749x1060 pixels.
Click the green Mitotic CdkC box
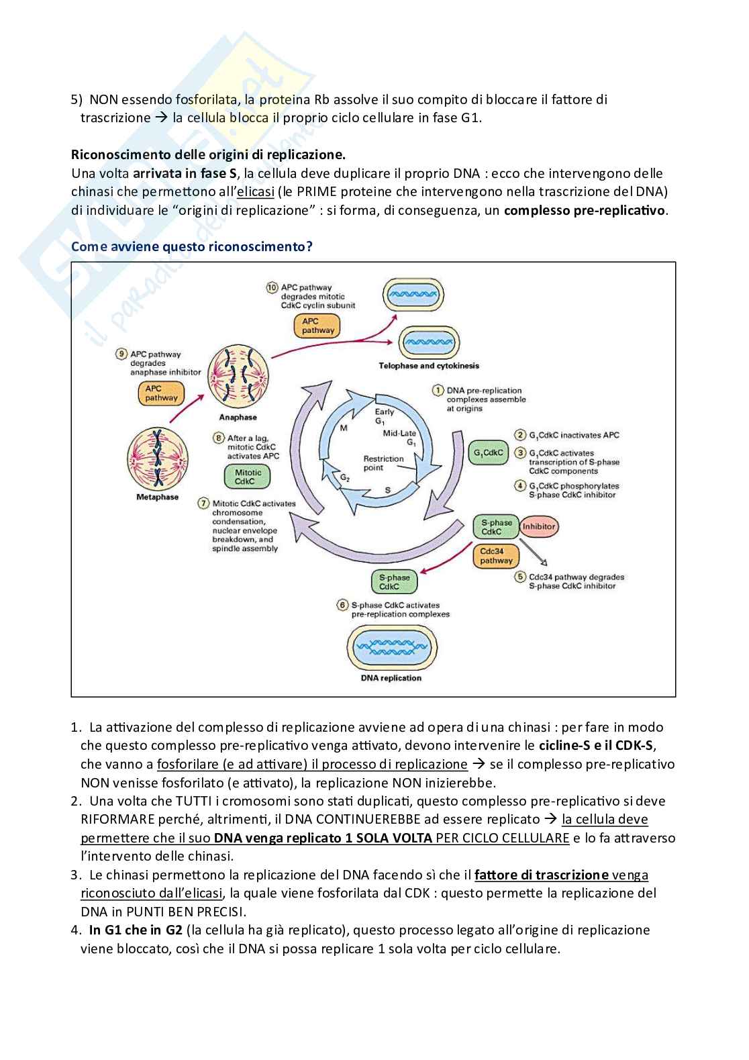coord(245,477)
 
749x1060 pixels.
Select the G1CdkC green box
coord(488,453)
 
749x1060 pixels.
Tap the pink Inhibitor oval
coord(539,527)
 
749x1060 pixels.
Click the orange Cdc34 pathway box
coord(496,556)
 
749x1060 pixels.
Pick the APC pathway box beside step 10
coord(317,326)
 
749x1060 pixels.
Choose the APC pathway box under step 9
coord(162,393)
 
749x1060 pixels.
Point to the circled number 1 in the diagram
coord(438,391)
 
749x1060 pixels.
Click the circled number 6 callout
coord(342,605)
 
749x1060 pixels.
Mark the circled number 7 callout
coord(203,503)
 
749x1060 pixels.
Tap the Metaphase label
coord(158,497)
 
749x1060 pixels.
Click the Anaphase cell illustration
coord(238,379)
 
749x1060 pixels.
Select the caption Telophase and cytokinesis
coord(429,366)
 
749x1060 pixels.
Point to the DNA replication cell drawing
coord(391,648)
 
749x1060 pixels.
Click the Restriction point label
coord(383,463)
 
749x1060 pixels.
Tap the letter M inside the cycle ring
coord(344,428)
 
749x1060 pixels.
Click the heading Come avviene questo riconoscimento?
coord(192,246)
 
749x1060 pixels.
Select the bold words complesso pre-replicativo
coord(585,210)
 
